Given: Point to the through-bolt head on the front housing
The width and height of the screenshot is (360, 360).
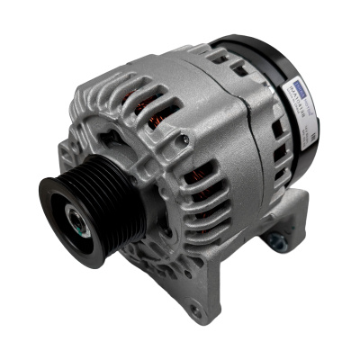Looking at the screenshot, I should [184, 138].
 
